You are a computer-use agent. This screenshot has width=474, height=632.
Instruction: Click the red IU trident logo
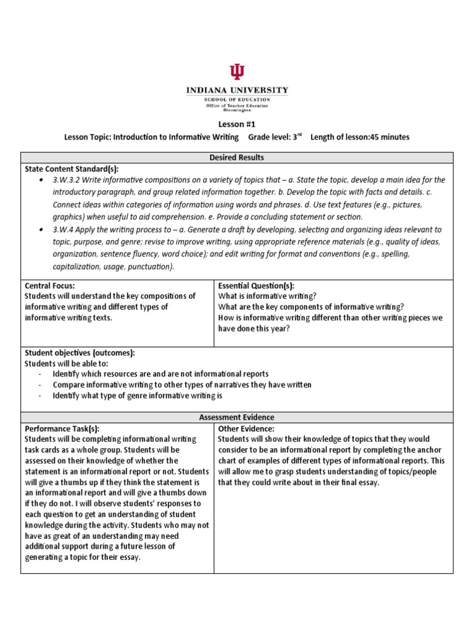(237, 72)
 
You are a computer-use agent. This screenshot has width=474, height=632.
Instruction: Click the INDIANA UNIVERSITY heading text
(237, 90)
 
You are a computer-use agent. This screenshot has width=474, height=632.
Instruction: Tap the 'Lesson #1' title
(237, 124)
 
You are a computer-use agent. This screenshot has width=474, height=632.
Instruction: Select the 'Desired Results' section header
(237, 157)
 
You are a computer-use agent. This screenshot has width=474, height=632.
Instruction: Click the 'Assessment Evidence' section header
(237, 417)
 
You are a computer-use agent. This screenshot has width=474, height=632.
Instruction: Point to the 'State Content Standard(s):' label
(71, 168)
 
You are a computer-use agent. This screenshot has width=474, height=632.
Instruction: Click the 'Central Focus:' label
(49, 286)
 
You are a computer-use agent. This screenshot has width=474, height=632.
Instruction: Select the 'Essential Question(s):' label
(256, 286)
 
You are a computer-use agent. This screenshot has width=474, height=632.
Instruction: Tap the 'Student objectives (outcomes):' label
(79, 352)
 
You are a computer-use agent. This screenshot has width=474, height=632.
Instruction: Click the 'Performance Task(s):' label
(62, 428)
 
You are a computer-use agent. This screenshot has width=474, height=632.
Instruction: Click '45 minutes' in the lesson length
(389, 137)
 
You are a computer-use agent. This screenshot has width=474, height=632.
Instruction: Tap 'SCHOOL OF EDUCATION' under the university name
(237, 99)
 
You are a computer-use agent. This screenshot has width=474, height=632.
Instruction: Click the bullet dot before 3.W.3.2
(40, 180)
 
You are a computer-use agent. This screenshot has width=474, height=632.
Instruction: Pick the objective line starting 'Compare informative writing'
(181, 385)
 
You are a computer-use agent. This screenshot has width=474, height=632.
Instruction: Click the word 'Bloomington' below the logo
(237, 110)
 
